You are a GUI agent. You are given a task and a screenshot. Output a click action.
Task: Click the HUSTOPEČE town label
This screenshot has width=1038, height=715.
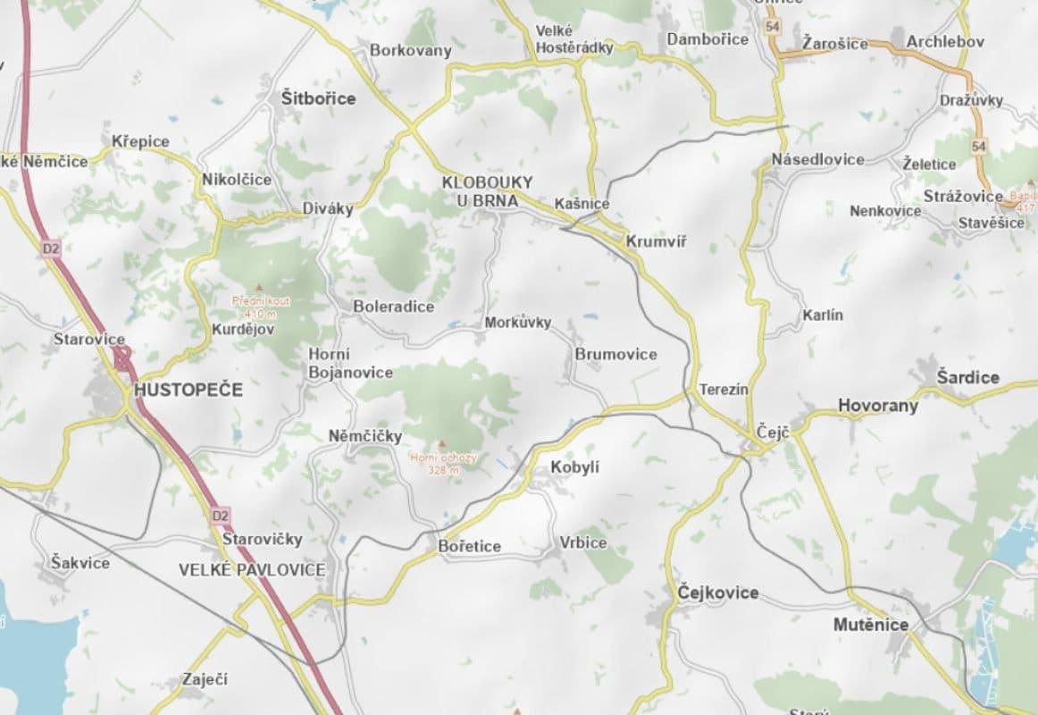pyautogui.click(x=188, y=391)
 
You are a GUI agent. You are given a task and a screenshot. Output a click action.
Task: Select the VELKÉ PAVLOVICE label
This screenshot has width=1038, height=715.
pyautogui.click(x=252, y=569)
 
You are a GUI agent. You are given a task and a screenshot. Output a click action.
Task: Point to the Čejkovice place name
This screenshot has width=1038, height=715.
pyautogui.click(x=718, y=593)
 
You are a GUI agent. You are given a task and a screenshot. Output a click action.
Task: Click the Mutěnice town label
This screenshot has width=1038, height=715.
pyautogui.click(x=871, y=625)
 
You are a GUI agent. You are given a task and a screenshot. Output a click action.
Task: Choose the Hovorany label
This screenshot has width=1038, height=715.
pyautogui.click(x=877, y=406)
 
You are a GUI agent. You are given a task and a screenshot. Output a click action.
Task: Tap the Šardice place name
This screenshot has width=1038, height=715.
pyautogui.click(x=967, y=377)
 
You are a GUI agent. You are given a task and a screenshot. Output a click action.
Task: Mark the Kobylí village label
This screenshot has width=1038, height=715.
pyautogui.click(x=575, y=467)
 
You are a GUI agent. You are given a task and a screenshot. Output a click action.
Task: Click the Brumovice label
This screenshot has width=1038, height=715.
pyautogui.click(x=615, y=354)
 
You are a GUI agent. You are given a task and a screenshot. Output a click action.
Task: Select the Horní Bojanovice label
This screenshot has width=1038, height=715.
pyautogui.click(x=349, y=363)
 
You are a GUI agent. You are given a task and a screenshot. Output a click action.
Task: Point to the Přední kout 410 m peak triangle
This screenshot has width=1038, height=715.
pyautogui.click(x=260, y=288)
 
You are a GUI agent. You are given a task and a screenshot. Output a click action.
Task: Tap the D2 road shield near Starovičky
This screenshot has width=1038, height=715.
pyautogui.click(x=221, y=516)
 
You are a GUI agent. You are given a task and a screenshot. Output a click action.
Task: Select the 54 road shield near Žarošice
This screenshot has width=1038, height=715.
pyautogui.click(x=772, y=28)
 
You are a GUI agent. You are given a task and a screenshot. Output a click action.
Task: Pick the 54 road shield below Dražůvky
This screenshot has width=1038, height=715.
pyautogui.click(x=979, y=146)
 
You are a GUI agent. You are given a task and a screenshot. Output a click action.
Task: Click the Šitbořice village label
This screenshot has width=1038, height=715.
pyautogui.click(x=318, y=98)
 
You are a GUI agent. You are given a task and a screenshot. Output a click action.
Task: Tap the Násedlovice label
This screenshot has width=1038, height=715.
pyautogui.click(x=817, y=159)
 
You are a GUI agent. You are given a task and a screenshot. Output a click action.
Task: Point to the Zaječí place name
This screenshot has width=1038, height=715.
pyautogui.click(x=205, y=679)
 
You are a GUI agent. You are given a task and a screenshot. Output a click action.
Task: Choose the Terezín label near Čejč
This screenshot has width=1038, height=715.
pyautogui.click(x=724, y=390)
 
